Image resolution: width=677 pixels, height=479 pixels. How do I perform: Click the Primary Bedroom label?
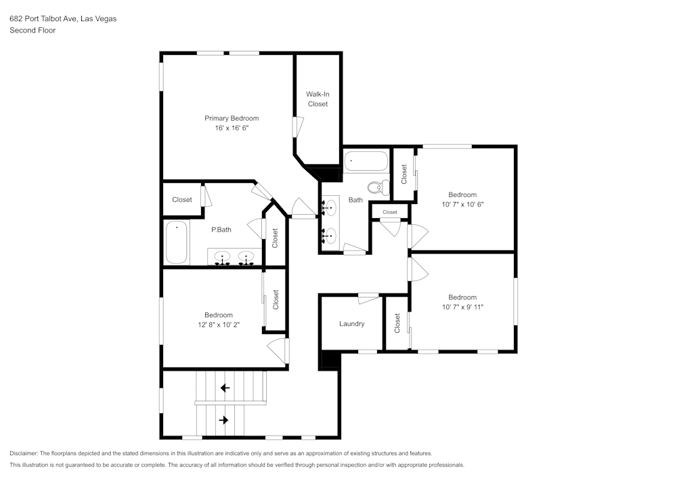(232, 119)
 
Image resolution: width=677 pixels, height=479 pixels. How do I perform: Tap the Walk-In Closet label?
(318, 99)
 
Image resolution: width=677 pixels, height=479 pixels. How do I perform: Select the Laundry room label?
(351, 324)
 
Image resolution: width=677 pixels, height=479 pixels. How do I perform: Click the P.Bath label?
(221, 230)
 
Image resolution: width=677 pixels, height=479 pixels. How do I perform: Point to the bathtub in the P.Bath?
(177, 243)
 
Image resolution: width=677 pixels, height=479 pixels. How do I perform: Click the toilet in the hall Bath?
(376, 186)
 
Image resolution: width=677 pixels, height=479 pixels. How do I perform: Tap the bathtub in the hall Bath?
(366, 162)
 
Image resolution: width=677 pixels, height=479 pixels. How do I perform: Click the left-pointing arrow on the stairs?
(224, 388)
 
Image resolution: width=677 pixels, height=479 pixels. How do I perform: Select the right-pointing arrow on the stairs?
(224, 420)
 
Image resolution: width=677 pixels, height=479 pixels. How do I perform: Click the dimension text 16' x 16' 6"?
(232, 128)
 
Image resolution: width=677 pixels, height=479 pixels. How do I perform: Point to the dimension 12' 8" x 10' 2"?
(218, 325)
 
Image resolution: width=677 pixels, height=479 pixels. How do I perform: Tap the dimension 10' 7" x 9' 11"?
(462, 307)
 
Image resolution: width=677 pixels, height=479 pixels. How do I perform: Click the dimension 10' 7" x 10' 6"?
(462, 204)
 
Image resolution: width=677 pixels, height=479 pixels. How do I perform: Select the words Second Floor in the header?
(32, 30)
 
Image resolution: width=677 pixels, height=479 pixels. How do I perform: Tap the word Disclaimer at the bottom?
(24, 453)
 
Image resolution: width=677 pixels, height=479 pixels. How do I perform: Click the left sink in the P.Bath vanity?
(221, 257)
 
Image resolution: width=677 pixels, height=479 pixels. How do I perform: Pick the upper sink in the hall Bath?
(329, 207)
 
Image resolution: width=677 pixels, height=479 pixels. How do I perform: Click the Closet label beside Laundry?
(397, 324)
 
